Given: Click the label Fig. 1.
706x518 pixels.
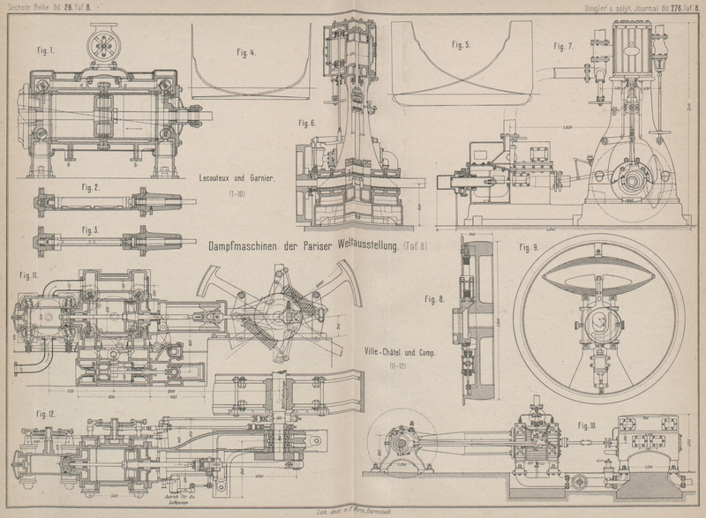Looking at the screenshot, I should (44, 51).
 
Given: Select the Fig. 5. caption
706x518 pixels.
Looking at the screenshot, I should (460, 44).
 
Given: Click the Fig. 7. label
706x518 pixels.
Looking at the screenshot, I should (564, 45).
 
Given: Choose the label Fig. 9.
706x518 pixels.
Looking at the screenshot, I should (529, 247).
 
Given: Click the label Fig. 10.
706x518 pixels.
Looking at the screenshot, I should (587, 426).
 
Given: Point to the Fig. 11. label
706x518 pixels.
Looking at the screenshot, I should (30, 277).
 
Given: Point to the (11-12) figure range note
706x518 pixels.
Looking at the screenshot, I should (389, 366).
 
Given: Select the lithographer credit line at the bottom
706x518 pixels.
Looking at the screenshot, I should (353, 511).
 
